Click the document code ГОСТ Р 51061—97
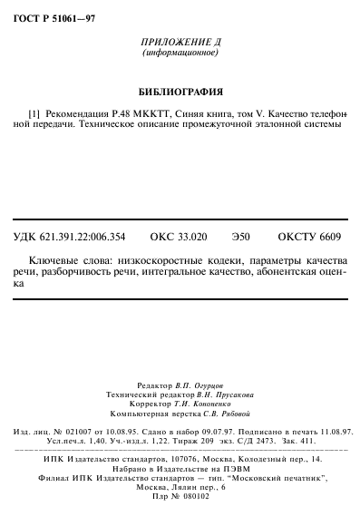tap(54, 15)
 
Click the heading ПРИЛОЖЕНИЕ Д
tap(181, 43)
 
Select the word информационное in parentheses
tap(181, 54)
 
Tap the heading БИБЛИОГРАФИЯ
tap(180, 92)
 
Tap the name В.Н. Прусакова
tap(221, 395)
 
